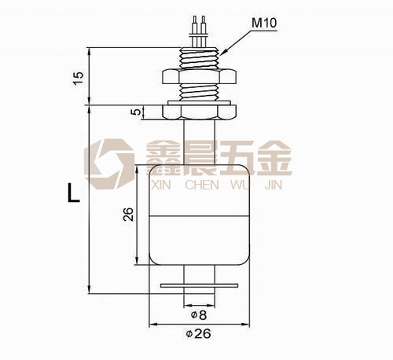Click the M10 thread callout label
point(264,23)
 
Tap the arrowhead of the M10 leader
point(222,53)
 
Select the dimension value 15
point(79,78)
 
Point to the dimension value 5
point(136,112)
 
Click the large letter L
point(74,193)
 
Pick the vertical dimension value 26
point(128,214)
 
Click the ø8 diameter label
point(199,314)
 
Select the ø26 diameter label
point(198,333)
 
